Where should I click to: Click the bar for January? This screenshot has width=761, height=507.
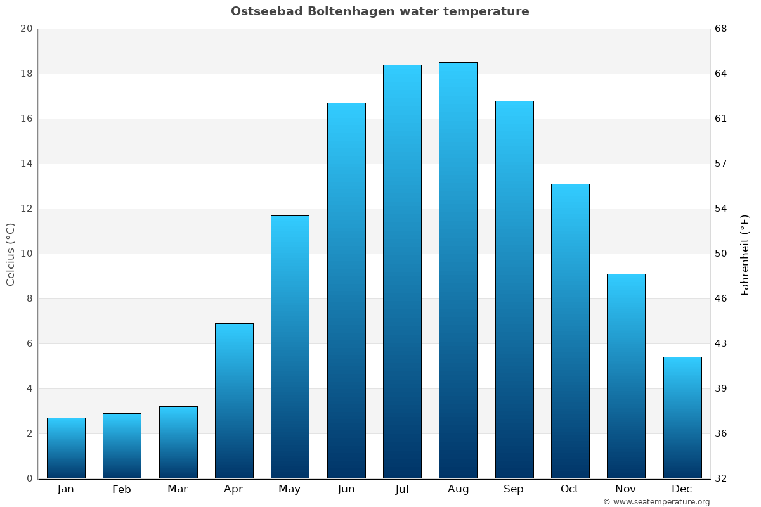[66, 448]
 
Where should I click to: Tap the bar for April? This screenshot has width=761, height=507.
[234, 401]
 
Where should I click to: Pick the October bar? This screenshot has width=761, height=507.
[570, 331]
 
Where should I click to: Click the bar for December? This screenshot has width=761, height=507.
[682, 418]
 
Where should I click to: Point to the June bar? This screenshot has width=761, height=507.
[346, 290]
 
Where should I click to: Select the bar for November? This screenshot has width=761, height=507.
[626, 376]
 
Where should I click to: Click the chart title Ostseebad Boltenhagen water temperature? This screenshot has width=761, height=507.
[380, 11]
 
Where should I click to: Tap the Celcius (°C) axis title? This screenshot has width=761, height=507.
[10, 254]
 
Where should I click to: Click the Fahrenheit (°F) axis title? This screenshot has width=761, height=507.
[745, 254]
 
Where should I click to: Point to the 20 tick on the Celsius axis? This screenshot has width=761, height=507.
[26, 29]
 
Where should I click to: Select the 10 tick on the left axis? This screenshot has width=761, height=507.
[26, 253]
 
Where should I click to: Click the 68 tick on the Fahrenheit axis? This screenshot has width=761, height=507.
[721, 29]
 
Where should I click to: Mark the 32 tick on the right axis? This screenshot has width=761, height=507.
[721, 478]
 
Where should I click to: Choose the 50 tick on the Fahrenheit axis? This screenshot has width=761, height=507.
[721, 253]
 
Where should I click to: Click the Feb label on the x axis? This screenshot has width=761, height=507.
[121, 489]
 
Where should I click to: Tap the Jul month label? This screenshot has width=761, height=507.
[402, 489]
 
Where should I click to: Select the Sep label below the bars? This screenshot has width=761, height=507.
[514, 489]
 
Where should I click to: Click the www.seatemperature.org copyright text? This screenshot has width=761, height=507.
[656, 502]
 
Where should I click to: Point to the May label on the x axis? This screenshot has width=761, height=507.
[290, 489]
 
